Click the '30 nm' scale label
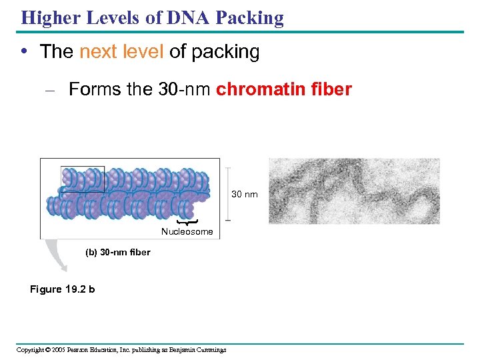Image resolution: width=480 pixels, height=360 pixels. tap(244, 194)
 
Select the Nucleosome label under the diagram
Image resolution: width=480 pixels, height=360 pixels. tap(187, 232)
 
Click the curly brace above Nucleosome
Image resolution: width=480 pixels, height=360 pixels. tap(188, 221)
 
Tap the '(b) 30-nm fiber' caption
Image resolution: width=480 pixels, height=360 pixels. tap(118, 252)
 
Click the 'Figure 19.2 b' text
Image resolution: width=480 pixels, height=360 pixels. tap(63, 289)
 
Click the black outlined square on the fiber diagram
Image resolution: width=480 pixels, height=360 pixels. tap(83, 179)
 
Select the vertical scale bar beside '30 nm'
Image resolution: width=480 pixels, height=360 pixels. tap(228, 193)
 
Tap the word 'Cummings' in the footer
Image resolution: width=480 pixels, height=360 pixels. tap(207, 350)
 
